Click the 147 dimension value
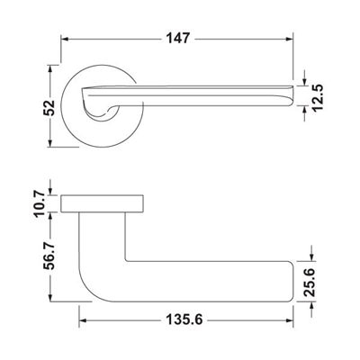coord(178,39)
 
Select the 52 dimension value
coord(49,108)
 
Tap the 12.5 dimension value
coord(317,97)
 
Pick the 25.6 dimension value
coord(309,282)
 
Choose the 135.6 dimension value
coord(184,319)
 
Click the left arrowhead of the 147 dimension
coord(65,39)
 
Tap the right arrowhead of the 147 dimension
coord(289,39)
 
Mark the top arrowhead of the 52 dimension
coord(50,68)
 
